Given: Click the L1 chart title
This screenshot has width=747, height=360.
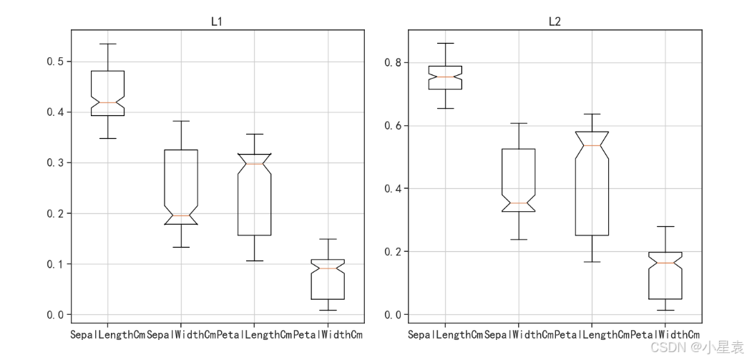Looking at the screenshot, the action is click(x=217, y=21).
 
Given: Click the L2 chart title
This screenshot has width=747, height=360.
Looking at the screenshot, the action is click(x=555, y=21).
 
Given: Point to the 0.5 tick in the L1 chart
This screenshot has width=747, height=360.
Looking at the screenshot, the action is click(x=55, y=62).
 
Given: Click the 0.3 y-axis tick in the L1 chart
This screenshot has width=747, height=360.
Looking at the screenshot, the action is click(x=55, y=162).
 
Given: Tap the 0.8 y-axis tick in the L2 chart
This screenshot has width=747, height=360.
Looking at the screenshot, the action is click(x=393, y=62).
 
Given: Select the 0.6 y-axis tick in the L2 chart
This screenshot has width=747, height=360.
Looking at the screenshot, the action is click(x=393, y=125).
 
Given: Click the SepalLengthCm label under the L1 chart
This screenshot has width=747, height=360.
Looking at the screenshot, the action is click(x=107, y=334).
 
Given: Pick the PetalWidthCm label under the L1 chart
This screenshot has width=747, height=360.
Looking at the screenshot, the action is click(x=328, y=334).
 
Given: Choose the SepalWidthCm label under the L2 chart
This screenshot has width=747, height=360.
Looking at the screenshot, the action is click(x=519, y=334).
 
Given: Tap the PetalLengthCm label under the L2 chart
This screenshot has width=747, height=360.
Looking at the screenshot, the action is click(x=592, y=334).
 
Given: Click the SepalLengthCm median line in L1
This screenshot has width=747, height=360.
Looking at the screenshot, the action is click(x=108, y=102).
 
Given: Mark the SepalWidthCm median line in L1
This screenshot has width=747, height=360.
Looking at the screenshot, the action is click(x=181, y=215).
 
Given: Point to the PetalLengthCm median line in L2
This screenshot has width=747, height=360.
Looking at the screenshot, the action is click(x=592, y=145).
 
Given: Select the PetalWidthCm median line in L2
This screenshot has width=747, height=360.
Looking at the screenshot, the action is click(x=665, y=263).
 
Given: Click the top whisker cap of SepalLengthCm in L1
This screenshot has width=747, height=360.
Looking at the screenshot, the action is click(x=108, y=44).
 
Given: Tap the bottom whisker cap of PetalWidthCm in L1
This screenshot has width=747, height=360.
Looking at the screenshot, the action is click(x=328, y=310).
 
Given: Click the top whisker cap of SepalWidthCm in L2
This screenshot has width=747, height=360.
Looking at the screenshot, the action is click(x=519, y=123).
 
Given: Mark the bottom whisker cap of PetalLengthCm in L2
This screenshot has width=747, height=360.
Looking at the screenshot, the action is click(x=592, y=262).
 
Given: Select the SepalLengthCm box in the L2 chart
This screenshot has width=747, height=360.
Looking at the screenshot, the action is click(x=445, y=77).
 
